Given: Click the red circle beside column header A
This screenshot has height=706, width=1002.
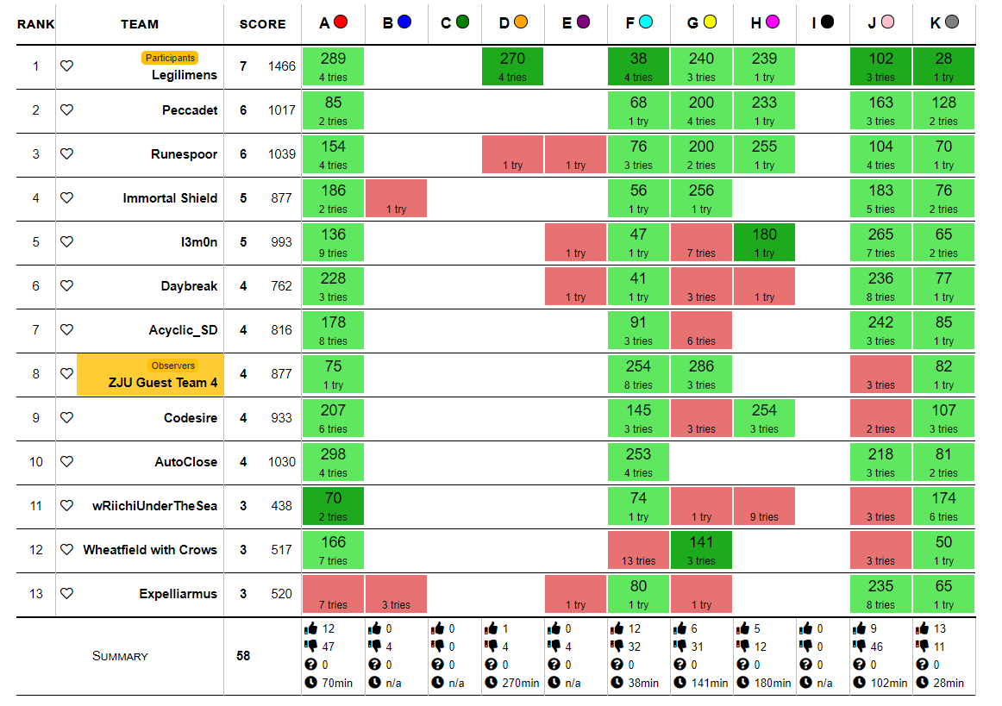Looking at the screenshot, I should tap(341, 22).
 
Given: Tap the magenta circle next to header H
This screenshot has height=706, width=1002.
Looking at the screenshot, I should tap(773, 22).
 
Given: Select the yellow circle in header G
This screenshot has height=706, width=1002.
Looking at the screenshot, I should tap(710, 22).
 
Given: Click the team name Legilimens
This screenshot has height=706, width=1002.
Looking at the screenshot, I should tap(185, 75).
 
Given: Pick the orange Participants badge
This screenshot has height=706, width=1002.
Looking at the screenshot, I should tap(170, 58).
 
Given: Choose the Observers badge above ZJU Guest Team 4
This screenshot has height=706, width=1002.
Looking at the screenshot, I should tap(173, 365).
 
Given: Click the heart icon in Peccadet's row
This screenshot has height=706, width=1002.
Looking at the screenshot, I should tap(66, 109).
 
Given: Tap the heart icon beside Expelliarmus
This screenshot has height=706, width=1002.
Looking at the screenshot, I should tap(66, 593).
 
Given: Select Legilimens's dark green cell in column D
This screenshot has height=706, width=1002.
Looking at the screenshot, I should tap(512, 66).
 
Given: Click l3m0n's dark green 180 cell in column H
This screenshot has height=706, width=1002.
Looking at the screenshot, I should tap(764, 242).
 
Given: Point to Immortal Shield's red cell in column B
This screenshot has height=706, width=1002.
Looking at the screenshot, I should tap(396, 198).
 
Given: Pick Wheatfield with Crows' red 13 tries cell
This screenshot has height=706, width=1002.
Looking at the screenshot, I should tap(638, 550).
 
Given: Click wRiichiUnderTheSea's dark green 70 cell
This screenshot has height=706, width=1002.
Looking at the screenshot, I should tap(333, 506).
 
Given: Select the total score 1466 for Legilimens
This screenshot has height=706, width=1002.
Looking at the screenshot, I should tap(281, 66).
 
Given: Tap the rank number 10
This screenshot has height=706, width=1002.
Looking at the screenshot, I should tap(35, 462).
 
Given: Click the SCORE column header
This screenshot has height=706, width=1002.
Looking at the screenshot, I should tap(262, 24).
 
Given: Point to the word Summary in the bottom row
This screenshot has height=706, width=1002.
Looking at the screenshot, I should tap(120, 656).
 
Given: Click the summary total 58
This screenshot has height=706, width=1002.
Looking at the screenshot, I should tap(243, 656).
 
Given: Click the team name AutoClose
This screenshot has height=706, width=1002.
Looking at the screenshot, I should tap(186, 462).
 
